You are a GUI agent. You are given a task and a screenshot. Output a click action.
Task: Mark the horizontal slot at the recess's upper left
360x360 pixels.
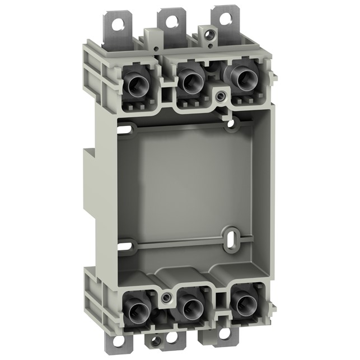127,130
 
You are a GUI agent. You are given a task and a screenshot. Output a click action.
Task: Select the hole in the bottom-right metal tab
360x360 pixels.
224,334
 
